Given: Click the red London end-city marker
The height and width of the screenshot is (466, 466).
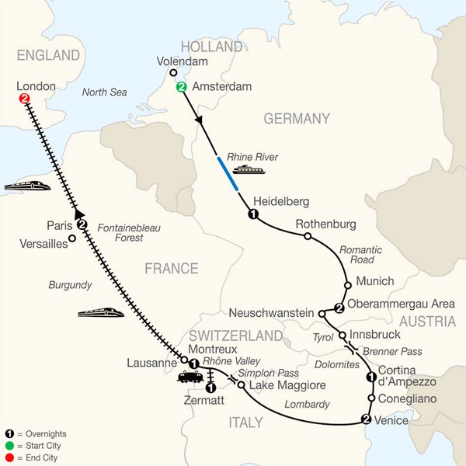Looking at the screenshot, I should (x=25, y=99).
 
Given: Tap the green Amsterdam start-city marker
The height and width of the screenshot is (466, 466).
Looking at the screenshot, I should (x=182, y=87).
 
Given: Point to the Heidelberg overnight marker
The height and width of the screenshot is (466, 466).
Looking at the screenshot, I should (x=252, y=214).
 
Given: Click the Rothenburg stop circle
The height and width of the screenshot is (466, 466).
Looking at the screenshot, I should (x=308, y=236).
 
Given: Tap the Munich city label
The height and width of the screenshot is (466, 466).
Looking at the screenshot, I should (x=374, y=281).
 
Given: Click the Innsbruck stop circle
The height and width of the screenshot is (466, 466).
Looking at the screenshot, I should (x=342, y=336).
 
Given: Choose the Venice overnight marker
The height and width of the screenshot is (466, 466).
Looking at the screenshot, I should (x=366, y=419).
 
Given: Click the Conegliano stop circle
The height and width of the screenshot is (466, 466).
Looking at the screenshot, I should (x=372, y=398).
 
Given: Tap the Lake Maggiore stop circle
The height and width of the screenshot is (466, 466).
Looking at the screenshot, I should (x=242, y=385).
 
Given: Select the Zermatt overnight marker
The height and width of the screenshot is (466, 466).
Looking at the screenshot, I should (x=210, y=387).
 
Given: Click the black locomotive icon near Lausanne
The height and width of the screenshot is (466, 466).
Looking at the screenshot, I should (x=189, y=377).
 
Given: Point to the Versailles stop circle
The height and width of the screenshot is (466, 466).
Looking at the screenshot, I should (x=72, y=238).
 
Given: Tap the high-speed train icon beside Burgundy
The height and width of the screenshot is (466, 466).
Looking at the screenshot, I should (x=101, y=312).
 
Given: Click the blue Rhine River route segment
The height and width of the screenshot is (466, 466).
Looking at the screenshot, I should (x=228, y=173).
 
